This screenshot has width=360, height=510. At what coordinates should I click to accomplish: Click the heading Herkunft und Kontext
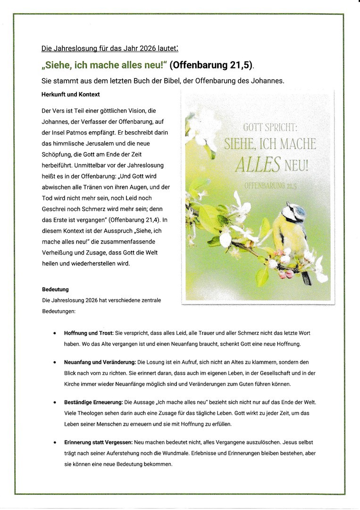[x=70, y=94]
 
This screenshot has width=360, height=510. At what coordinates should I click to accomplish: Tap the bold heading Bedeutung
[x=55, y=289]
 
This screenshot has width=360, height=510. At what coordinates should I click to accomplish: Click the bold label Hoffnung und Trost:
[x=89, y=333]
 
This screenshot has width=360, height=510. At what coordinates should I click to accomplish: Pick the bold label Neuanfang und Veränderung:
[x=100, y=362]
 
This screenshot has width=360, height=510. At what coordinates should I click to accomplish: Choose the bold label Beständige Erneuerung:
[x=92, y=402]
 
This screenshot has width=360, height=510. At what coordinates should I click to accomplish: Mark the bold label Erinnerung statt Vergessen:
[x=98, y=442]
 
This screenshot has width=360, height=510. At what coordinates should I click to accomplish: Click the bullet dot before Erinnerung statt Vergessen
[x=55, y=442]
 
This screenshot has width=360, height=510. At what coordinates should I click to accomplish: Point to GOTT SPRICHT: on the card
[x=270, y=127]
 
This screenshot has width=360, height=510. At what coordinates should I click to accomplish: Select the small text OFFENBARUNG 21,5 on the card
[x=270, y=186]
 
